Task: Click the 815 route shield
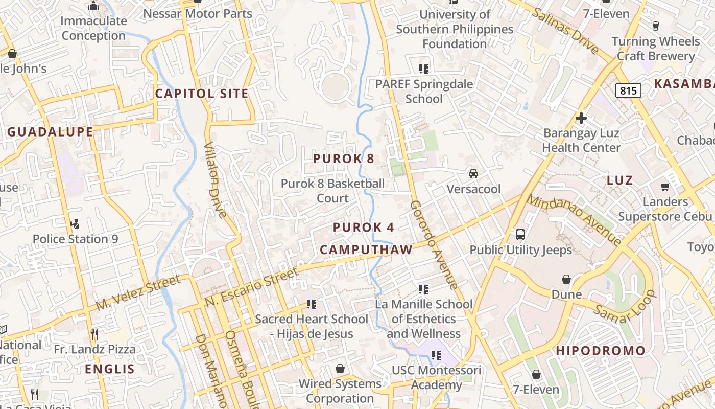pos(628,90)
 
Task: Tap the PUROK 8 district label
pos(344,158)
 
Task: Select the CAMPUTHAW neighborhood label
pos(366,249)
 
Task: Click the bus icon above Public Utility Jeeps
pos(520,235)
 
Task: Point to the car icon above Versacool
pos(473,174)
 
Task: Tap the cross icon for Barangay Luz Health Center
pos(581,118)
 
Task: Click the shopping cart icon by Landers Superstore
pos(665,187)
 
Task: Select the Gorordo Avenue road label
pos(434,244)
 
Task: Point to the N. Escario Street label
pos(252,287)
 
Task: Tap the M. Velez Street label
pos(138,292)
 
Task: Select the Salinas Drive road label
pos(565,30)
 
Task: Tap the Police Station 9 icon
pos(75,224)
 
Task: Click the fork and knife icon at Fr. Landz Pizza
pos(94,334)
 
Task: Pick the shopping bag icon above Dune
pos(566,279)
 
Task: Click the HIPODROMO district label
pos(601,351)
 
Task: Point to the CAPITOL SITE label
pos(202,94)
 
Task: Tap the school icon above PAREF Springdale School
pos(423,69)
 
